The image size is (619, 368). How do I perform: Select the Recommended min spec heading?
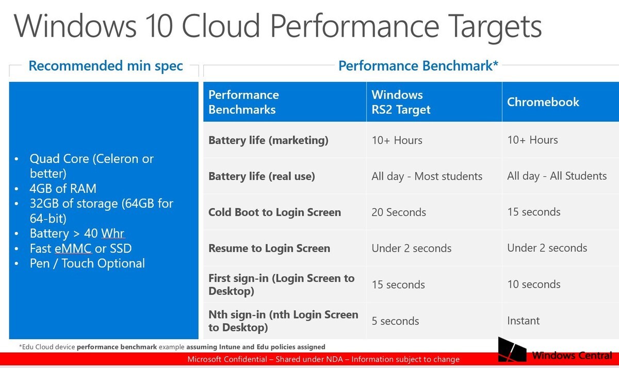point(106,66)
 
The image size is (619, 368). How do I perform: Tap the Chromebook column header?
point(543,102)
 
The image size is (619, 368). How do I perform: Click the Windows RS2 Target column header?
point(401,102)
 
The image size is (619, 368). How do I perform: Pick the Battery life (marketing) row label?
point(268,140)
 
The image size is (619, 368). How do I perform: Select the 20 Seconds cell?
point(399,212)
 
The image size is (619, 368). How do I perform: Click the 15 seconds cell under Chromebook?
point(534,212)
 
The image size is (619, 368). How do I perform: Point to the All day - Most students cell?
point(427,176)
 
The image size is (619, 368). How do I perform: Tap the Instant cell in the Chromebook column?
point(523,321)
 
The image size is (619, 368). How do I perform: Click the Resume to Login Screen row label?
point(269,248)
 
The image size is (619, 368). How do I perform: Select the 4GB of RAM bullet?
point(63,189)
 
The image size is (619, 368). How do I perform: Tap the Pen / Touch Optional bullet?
point(87,263)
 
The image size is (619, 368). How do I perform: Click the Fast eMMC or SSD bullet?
point(80,248)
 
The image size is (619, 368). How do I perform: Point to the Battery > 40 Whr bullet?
point(77,233)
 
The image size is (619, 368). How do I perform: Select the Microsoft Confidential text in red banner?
point(323,359)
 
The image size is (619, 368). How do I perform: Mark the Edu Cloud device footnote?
point(172,347)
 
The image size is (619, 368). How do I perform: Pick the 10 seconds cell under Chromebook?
point(534,285)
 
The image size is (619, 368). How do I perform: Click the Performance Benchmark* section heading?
point(418,66)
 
